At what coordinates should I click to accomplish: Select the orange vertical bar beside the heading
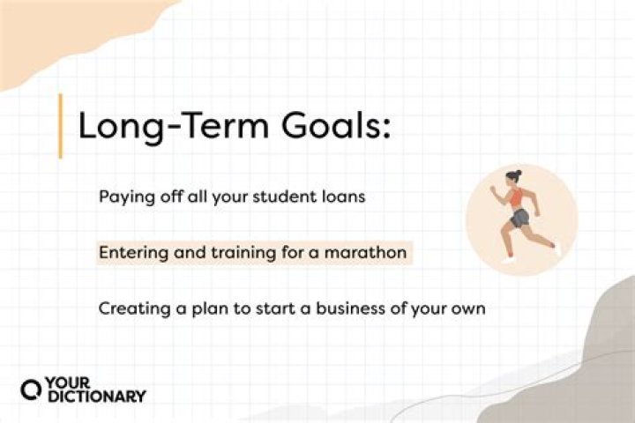tap(60, 126)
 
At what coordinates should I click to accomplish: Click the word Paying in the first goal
tap(123, 197)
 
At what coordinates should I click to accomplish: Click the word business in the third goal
tap(341, 309)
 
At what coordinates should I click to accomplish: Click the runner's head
tap(515, 179)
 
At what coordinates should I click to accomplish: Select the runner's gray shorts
tap(519, 218)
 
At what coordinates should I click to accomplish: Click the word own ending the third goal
tap(470, 310)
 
